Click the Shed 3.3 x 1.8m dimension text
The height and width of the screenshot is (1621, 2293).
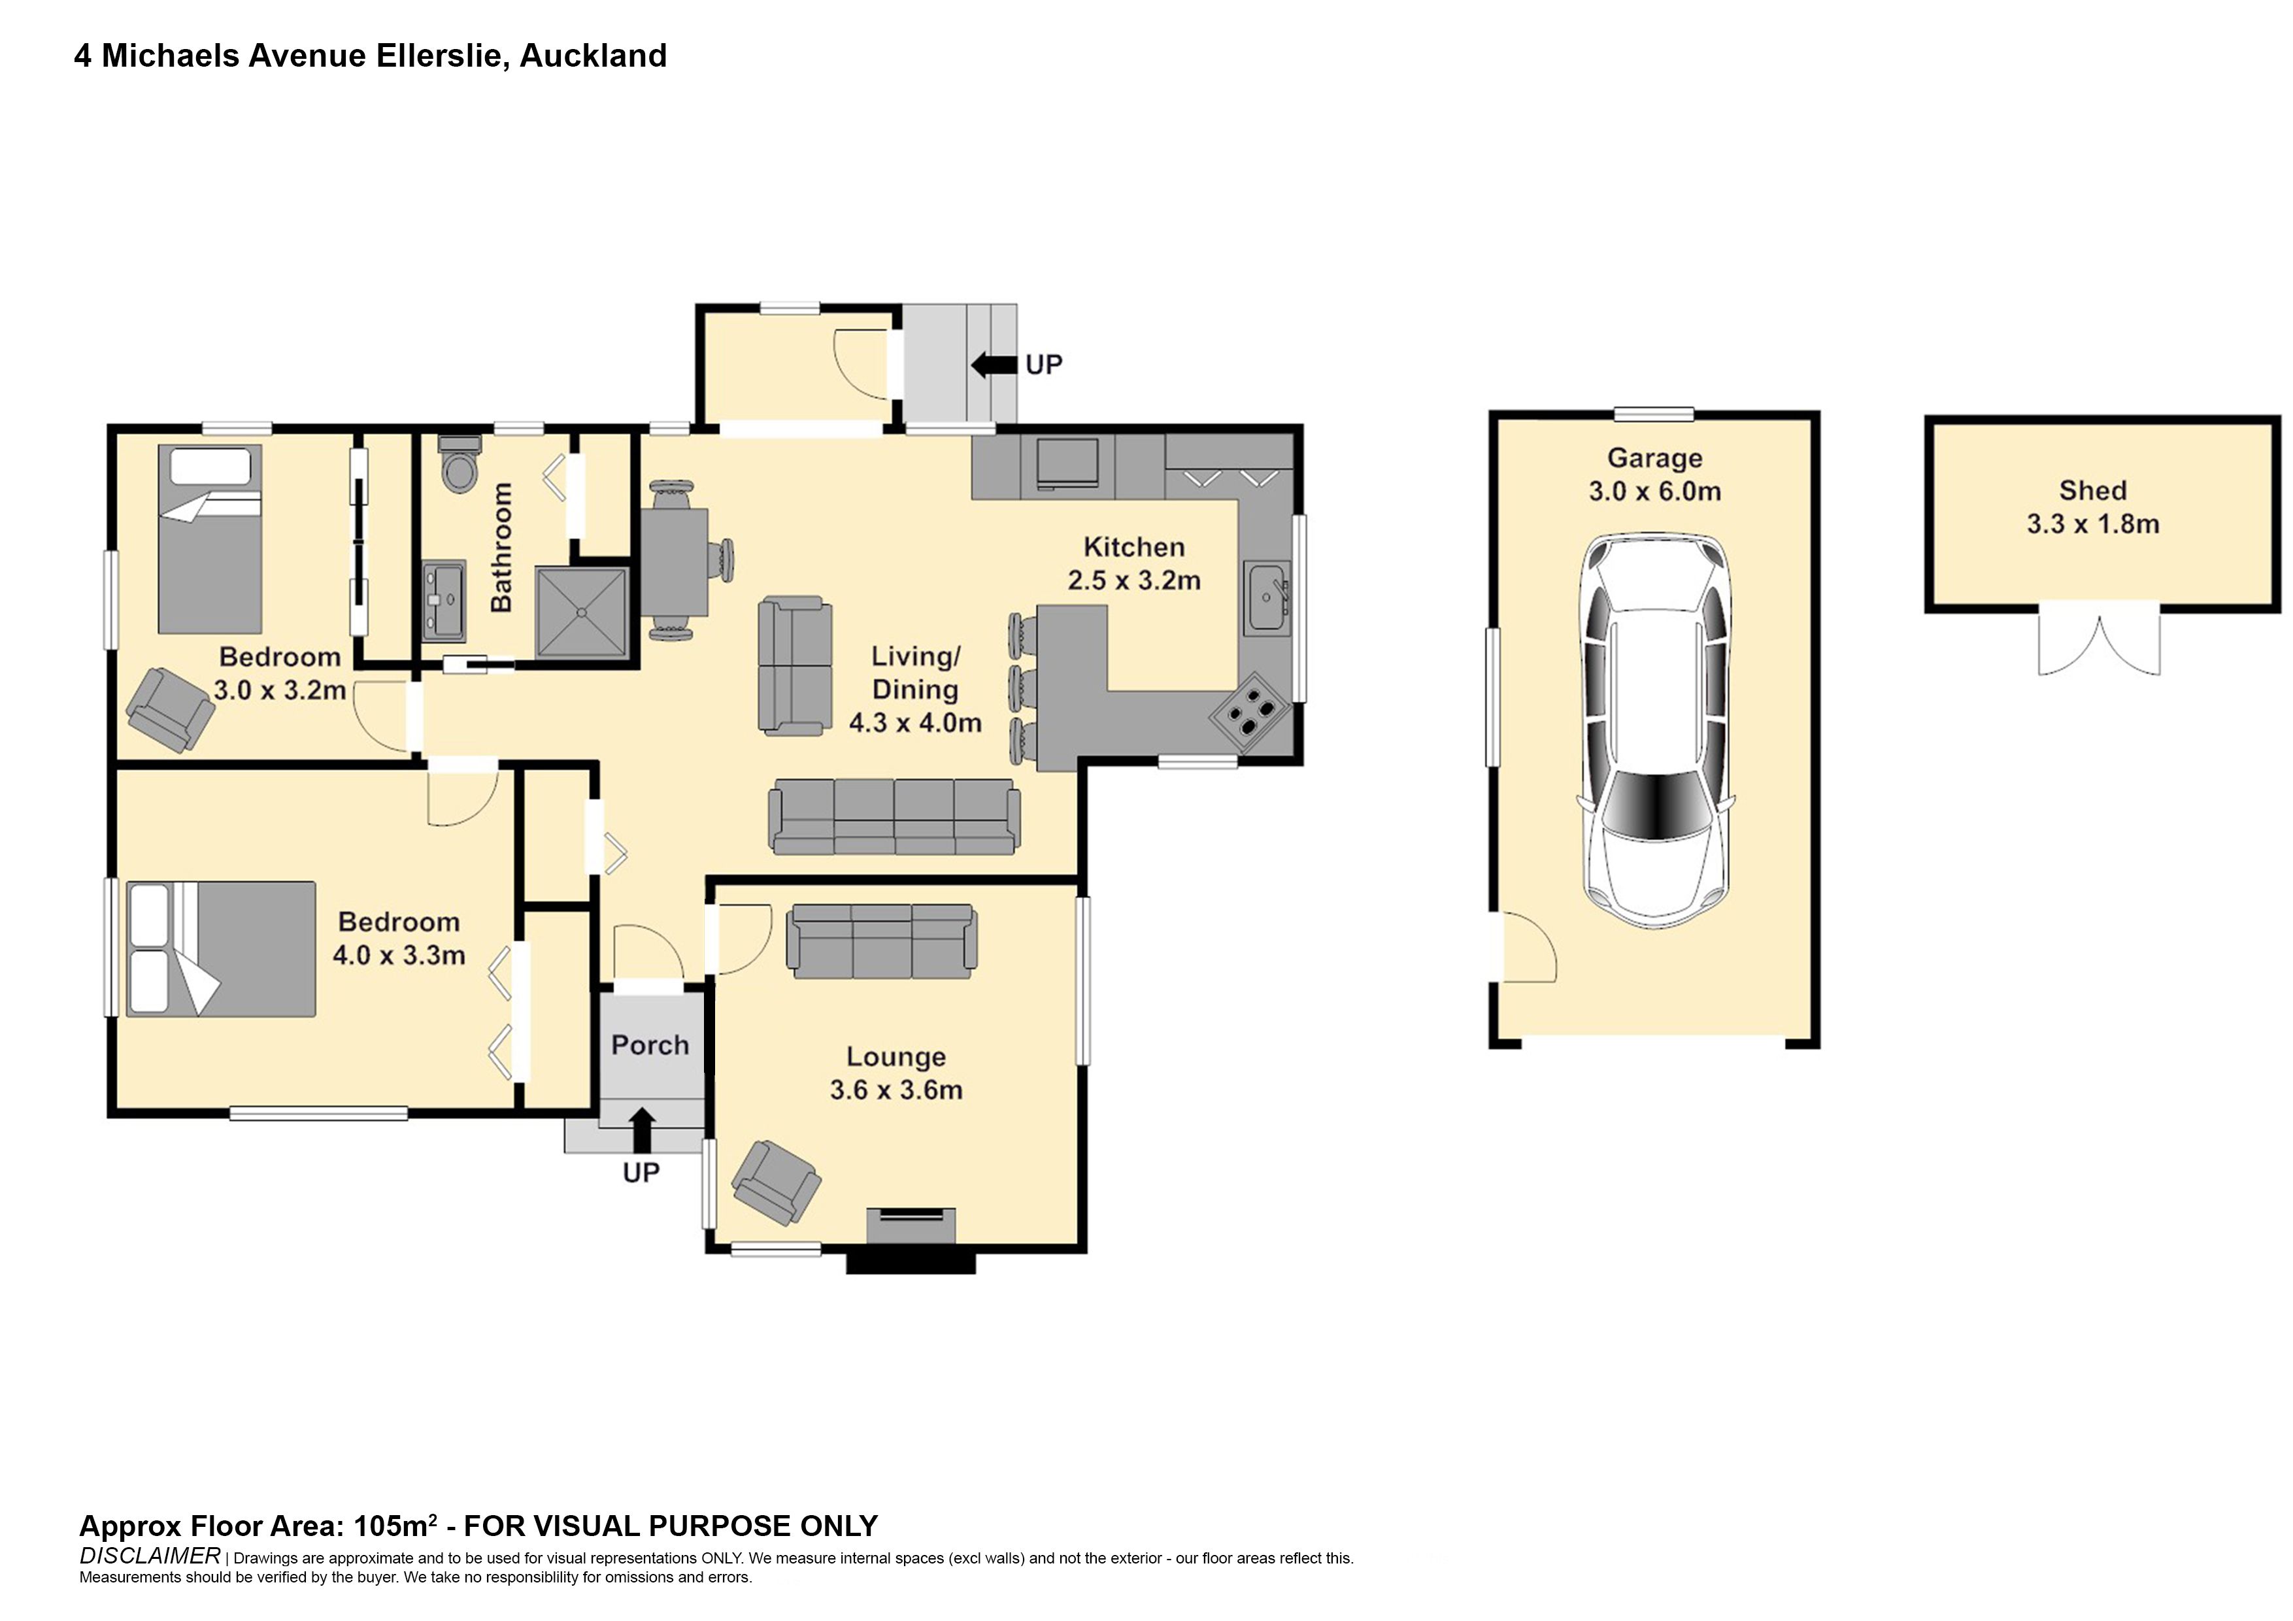[x=2092, y=524]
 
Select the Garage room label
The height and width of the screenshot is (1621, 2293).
[x=1655, y=458]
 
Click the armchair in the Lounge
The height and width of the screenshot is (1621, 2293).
[x=776, y=1182]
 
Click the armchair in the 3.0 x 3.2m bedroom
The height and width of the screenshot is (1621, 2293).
[x=171, y=709]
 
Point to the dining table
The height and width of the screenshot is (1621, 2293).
[x=675, y=562]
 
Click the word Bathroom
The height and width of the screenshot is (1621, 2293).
[x=501, y=547]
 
